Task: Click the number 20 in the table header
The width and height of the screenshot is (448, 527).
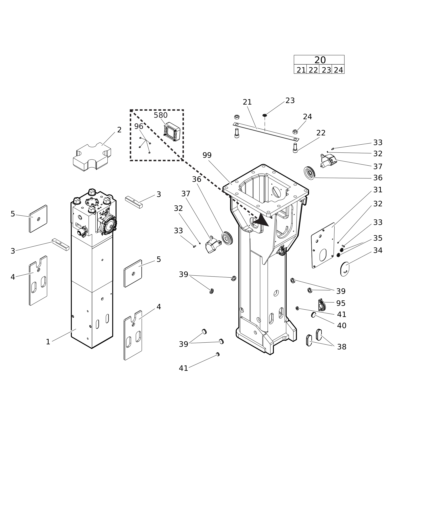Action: coord(320,60)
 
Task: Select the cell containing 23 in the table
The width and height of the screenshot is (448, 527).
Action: coord(326,70)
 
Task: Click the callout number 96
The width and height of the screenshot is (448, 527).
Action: coord(139,126)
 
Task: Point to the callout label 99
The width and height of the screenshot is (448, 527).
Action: coord(207,155)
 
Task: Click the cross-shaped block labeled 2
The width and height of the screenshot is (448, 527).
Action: coord(92,157)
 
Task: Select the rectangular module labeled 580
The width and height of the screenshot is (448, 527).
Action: coord(172,132)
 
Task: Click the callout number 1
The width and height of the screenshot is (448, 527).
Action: coord(48,342)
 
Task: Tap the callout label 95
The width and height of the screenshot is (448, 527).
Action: coord(341,303)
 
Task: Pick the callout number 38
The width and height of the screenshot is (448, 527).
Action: coord(342,347)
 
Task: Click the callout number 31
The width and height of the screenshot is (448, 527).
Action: coord(378,190)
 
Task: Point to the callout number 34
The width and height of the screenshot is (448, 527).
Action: coord(378,250)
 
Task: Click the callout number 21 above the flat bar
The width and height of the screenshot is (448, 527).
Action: coord(247,102)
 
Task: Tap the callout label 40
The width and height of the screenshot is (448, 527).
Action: coord(342,326)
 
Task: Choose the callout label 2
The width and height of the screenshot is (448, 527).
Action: coord(119,130)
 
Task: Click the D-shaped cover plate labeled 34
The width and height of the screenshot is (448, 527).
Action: coord(345,269)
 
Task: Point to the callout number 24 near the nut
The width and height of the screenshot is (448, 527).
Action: coord(307,117)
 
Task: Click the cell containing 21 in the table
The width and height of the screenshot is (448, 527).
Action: coord(301,70)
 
